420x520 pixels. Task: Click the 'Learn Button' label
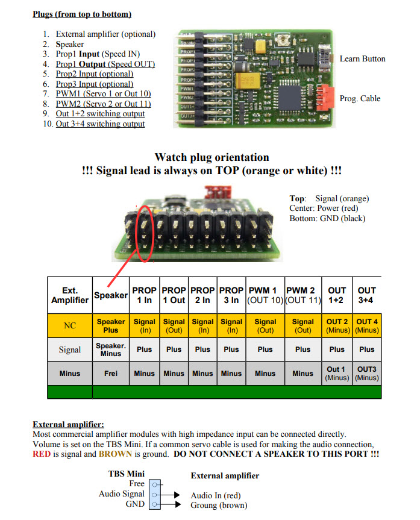[362, 59]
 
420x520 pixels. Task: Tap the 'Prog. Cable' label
[360, 99]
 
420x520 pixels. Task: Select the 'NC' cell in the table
[70, 326]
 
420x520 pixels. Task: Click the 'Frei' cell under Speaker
[111, 373]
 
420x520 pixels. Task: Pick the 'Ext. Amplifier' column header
[70, 295]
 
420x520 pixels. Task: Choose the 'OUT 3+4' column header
[366, 295]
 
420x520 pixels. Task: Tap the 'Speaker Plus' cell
[111, 326]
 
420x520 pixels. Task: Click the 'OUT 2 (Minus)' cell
[337, 326]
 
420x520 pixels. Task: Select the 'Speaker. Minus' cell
[111, 349]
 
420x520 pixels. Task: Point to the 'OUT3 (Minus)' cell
[366, 373]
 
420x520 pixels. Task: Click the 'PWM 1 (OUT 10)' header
[265, 295]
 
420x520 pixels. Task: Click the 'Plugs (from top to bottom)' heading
[82, 14]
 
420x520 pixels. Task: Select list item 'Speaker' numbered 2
[70, 44]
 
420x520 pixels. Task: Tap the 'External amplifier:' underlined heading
[68, 424]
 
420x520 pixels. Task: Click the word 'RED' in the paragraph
[43, 454]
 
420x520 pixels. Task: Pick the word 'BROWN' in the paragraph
[116, 454]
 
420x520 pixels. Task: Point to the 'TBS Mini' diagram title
[127, 474]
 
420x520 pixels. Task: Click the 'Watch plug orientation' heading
[212, 158]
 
